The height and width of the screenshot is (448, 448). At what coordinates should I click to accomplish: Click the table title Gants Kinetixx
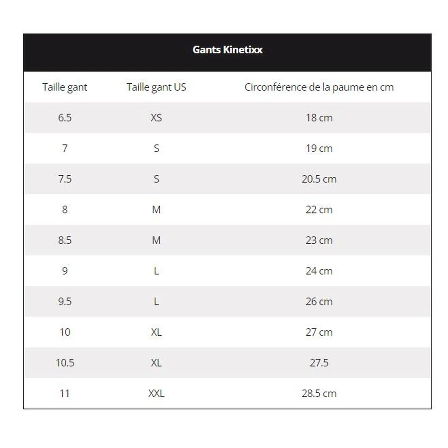pyautogui.click(x=227, y=50)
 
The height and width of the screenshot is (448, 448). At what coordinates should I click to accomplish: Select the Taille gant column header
pyautogui.click(x=65, y=87)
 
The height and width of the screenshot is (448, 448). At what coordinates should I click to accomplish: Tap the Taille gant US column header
pyautogui.click(x=156, y=87)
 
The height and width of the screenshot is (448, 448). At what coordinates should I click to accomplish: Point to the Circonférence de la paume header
pyautogui.click(x=319, y=87)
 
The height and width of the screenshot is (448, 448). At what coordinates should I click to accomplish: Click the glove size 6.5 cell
pyautogui.click(x=65, y=118)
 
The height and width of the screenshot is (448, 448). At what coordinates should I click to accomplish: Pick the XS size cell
pyautogui.click(x=156, y=118)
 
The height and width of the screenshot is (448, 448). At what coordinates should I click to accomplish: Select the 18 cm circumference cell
pyautogui.click(x=319, y=118)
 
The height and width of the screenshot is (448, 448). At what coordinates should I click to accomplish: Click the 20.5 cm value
pyautogui.click(x=319, y=179)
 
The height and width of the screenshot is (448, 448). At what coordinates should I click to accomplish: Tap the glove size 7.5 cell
pyautogui.click(x=65, y=179)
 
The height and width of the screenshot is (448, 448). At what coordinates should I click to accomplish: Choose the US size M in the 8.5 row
pyautogui.click(x=156, y=240)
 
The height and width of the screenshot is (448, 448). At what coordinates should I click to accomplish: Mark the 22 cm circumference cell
pyautogui.click(x=319, y=210)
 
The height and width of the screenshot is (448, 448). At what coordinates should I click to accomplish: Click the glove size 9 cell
pyautogui.click(x=65, y=271)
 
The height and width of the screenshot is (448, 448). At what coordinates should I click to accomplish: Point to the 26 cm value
pyautogui.click(x=319, y=302)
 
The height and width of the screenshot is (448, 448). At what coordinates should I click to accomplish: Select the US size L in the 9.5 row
pyautogui.click(x=156, y=302)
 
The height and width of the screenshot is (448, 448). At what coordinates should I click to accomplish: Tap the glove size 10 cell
pyautogui.click(x=65, y=332)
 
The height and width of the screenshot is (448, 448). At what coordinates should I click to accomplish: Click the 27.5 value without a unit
pyautogui.click(x=319, y=363)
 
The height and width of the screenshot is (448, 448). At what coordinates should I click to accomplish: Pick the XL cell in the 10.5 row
pyautogui.click(x=156, y=363)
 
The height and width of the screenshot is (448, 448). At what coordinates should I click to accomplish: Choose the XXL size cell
pyautogui.click(x=156, y=393)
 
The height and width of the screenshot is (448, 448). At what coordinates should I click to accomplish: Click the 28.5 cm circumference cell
pyautogui.click(x=319, y=393)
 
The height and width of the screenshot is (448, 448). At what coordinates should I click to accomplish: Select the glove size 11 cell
pyautogui.click(x=65, y=393)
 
